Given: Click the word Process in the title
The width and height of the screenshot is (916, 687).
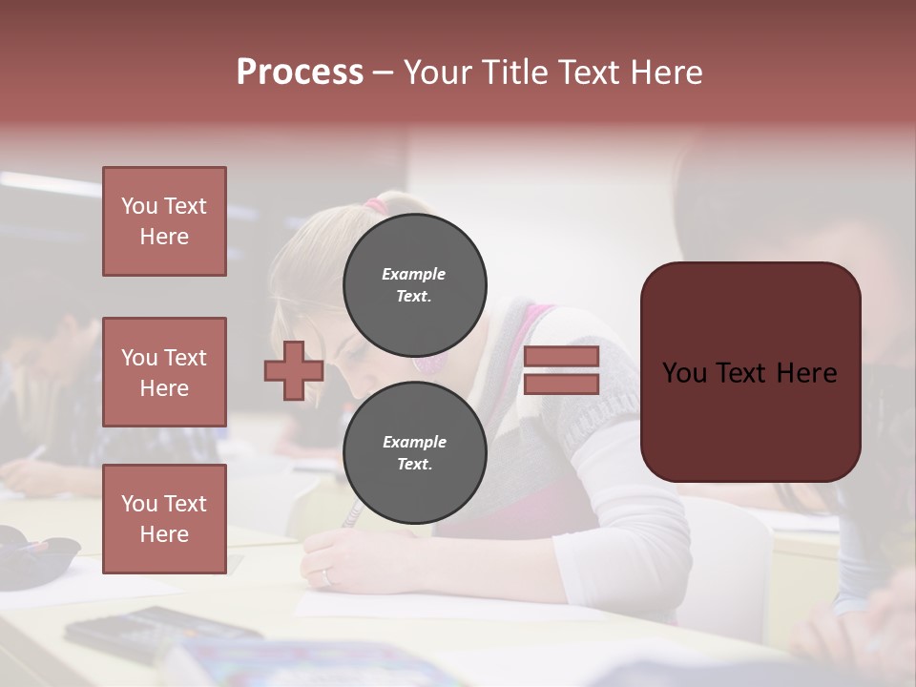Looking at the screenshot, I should pyautogui.click(x=300, y=73).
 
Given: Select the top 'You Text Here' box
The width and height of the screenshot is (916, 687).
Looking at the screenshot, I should pyautogui.click(x=164, y=221).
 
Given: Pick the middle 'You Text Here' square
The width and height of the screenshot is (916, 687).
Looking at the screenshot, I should pyautogui.click(x=164, y=372).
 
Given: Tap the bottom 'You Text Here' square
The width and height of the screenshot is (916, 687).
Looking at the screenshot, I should pyautogui.click(x=164, y=519).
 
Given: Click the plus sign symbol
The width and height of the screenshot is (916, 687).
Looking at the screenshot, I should pyautogui.click(x=294, y=371).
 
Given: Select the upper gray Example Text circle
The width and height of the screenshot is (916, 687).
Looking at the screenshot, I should pyautogui.click(x=414, y=284).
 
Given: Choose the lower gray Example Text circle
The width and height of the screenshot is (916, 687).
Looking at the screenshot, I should pyautogui.click(x=414, y=452).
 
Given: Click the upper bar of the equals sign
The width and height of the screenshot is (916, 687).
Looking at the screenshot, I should pyautogui.click(x=561, y=357).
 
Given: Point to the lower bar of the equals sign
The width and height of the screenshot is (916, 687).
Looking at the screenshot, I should pyautogui.click(x=561, y=385).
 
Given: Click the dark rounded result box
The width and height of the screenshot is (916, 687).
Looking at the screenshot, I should pyautogui.click(x=750, y=371).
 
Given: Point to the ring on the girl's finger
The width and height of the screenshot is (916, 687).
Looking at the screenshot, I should pyautogui.click(x=328, y=575).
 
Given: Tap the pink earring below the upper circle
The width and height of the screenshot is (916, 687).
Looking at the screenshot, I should pyautogui.click(x=426, y=363).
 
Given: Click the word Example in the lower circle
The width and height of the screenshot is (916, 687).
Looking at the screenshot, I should pyautogui.click(x=414, y=442).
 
